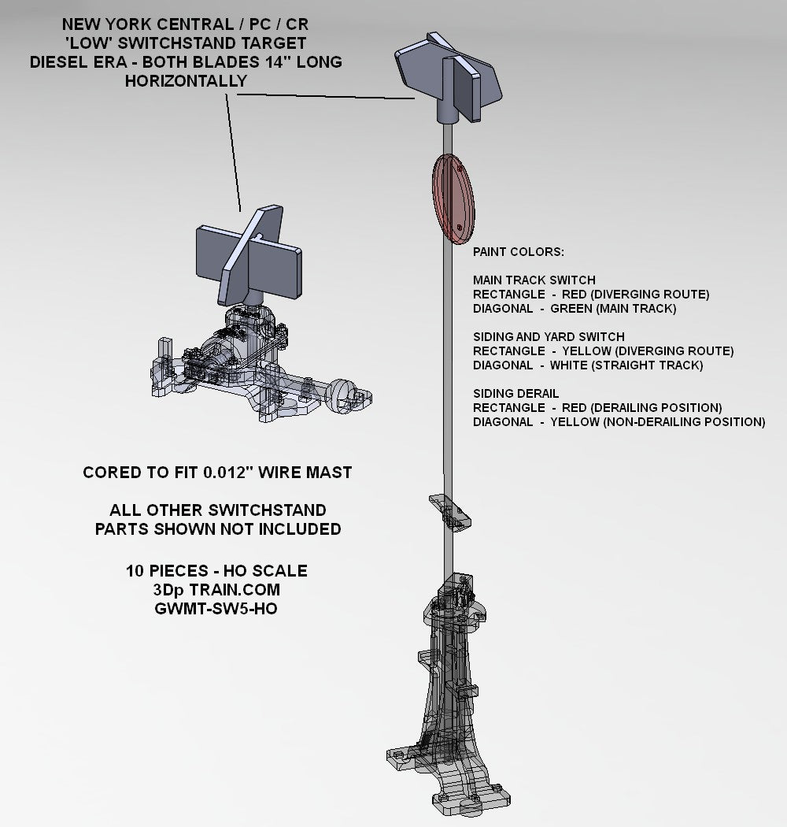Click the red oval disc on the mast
point(453,198)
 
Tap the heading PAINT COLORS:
point(518,252)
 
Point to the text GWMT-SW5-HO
point(216,609)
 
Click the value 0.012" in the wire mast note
point(225,472)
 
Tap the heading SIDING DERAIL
point(515,394)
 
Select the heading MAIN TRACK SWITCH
point(534,280)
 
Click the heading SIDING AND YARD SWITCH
point(549,336)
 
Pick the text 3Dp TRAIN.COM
point(216,590)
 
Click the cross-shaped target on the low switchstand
point(249,255)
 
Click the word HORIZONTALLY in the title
point(186,80)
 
